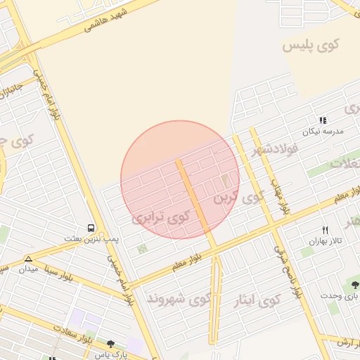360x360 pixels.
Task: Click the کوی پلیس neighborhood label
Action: point(311,46)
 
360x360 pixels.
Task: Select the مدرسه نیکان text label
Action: point(322,131)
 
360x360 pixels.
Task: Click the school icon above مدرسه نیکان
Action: point(323,121)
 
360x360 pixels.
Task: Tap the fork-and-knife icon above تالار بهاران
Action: point(325,230)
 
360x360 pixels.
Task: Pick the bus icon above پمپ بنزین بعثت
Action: point(91,228)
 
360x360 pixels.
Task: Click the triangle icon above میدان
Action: point(28,259)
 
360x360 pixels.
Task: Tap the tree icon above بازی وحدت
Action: point(351,284)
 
